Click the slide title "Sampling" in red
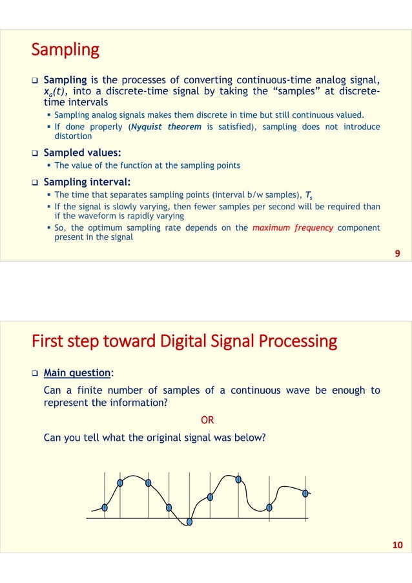(x=65, y=50)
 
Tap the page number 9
(x=397, y=254)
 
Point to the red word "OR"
(x=207, y=419)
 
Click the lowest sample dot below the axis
(x=189, y=522)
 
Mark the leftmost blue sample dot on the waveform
(x=105, y=507)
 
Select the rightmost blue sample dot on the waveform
(x=305, y=493)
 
